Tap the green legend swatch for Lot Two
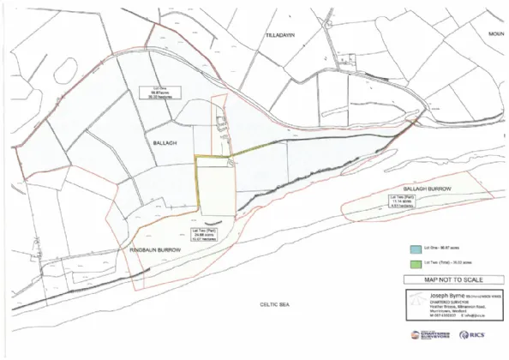(413, 263)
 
